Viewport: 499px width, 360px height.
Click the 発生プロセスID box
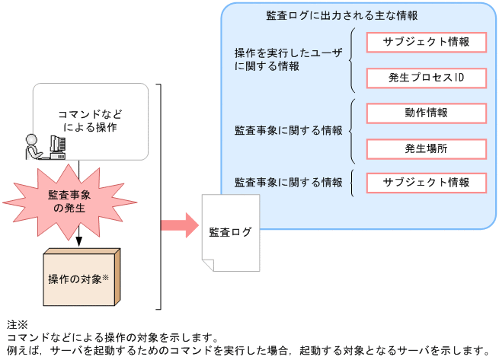click(426, 78)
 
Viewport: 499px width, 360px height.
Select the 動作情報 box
click(426, 113)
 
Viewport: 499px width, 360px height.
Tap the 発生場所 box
click(426, 148)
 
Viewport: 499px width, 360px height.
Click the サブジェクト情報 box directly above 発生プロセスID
click(426, 42)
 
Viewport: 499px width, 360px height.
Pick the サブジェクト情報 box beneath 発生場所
click(426, 183)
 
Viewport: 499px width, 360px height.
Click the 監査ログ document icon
click(230, 232)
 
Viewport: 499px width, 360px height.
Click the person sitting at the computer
click(33, 147)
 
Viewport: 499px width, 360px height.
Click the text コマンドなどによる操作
click(91, 121)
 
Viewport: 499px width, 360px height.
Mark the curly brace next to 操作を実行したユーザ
click(353, 60)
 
